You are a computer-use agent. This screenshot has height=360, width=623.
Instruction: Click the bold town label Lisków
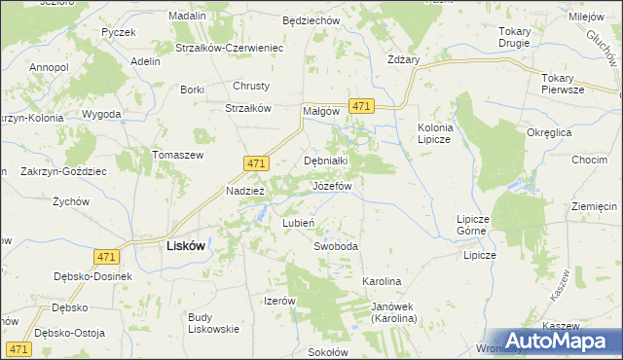(x=180, y=246)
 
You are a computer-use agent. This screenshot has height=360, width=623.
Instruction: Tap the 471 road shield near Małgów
(x=361, y=106)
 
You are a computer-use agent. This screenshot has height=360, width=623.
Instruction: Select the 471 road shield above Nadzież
(x=255, y=166)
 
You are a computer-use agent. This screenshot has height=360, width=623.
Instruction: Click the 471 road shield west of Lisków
(x=107, y=256)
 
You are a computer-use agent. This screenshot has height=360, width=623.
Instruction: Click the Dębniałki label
(x=326, y=161)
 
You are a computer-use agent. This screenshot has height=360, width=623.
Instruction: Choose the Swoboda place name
(x=335, y=246)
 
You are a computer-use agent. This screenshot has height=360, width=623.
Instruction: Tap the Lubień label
(x=298, y=223)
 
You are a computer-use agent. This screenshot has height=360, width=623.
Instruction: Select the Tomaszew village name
(x=176, y=155)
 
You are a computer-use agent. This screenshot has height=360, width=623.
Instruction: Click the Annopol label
(x=49, y=67)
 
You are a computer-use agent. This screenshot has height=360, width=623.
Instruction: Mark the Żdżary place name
(x=403, y=59)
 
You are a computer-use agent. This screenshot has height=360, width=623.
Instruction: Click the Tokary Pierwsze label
(x=564, y=84)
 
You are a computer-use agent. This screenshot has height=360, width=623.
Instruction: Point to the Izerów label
(x=279, y=301)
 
